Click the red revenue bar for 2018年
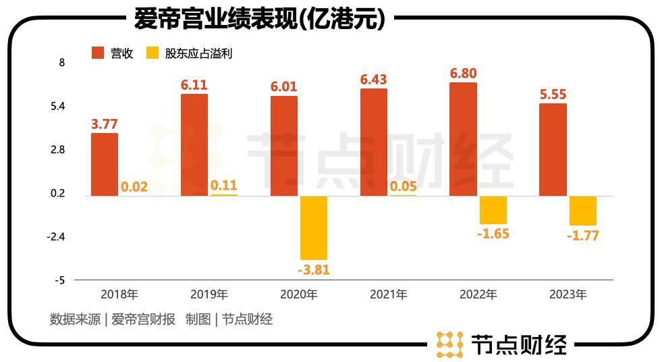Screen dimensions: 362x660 (105, 164)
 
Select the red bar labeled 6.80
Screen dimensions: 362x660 (464, 139)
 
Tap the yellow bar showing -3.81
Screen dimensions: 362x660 (313, 228)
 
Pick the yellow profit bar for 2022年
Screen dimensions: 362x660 (493, 210)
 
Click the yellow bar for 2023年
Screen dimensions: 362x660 (583, 211)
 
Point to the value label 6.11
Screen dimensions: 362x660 (194, 85)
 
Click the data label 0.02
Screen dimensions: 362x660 (134, 187)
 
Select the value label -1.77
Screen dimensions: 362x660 (583, 236)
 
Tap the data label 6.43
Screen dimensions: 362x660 (373, 80)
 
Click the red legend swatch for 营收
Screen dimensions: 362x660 (98, 53)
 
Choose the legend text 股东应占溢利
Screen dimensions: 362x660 (198, 53)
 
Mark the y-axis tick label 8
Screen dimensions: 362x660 (62, 63)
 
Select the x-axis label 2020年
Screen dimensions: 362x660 (298, 294)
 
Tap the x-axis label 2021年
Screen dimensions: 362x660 (388, 294)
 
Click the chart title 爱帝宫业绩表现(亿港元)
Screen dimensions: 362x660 (260, 19)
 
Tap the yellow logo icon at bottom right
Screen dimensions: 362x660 (449, 344)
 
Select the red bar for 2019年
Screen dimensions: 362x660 (194, 145)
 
